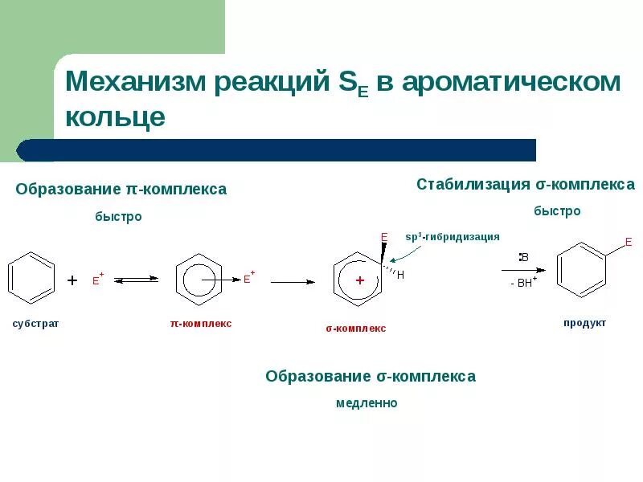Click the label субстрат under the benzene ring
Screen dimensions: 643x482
(x=35, y=323)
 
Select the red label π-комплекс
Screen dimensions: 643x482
(x=200, y=323)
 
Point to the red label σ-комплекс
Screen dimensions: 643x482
(x=355, y=328)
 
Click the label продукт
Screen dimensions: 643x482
(x=584, y=323)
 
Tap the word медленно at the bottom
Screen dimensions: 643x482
(x=367, y=403)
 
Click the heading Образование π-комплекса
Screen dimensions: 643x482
(x=121, y=190)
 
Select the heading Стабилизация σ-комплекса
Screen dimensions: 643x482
(x=526, y=185)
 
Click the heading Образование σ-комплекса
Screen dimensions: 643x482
(x=371, y=376)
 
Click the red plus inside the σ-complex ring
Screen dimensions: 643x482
(x=360, y=280)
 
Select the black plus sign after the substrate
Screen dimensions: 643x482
(x=72, y=280)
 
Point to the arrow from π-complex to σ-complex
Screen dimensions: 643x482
(x=293, y=282)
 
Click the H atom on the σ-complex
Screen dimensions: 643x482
(x=400, y=275)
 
